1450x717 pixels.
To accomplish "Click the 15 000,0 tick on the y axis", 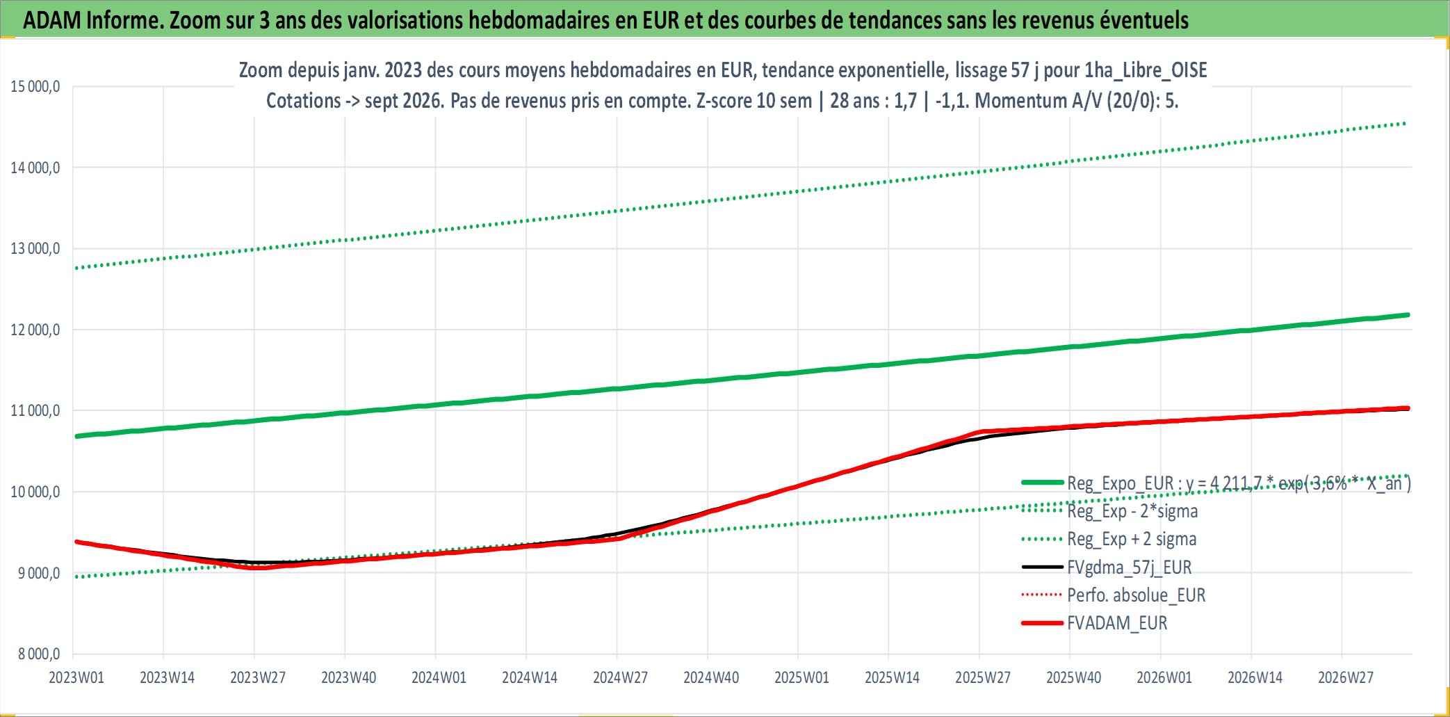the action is [x=35, y=86].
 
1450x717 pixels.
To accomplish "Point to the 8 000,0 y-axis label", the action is [x=39, y=654].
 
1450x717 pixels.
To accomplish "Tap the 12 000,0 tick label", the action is [x=35, y=330].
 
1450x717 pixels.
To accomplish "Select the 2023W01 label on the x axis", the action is [x=76, y=677].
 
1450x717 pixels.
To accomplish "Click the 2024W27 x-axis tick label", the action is [x=620, y=677].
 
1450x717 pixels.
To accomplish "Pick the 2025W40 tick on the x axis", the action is [x=1074, y=677].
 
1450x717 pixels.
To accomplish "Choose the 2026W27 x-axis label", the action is [x=1346, y=677].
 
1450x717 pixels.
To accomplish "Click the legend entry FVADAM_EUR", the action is [x=1117, y=623].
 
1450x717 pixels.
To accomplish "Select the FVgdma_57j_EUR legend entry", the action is [x=1130, y=567].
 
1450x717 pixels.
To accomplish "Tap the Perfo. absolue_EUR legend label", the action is [x=1137, y=595].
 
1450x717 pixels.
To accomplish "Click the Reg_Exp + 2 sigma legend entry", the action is [x=1132, y=539].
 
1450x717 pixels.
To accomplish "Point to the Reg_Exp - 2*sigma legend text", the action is [x=1133, y=511].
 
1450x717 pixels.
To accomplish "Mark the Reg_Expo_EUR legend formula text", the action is [x=1239, y=483].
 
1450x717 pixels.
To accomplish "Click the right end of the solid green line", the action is [x=1408, y=315].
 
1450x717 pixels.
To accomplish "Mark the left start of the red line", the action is [x=76, y=542].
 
